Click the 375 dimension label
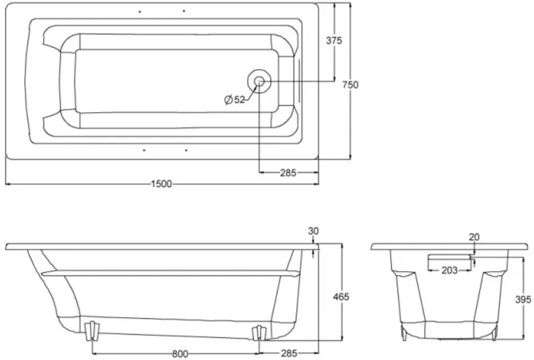pos(334,41)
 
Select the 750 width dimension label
pos(350,85)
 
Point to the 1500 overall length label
pos(162,184)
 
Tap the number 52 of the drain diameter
pos(240,100)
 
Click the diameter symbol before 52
pos(228,100)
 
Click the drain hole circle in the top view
pos(259,81)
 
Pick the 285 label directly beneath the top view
pos(288,173)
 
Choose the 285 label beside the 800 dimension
pos(289,353)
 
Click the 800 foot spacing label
pos(180,354)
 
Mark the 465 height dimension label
pos(341,297)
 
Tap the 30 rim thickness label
pos(313,231)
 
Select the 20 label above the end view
pos(474,237)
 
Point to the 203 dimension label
pos(449,271)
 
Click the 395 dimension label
pos(523,299)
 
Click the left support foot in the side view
pos(91,331)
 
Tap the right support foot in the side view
pos(259,333)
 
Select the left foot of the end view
pos(405,333)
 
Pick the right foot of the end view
pos(494,333)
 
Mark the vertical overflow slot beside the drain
pos(299,80)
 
